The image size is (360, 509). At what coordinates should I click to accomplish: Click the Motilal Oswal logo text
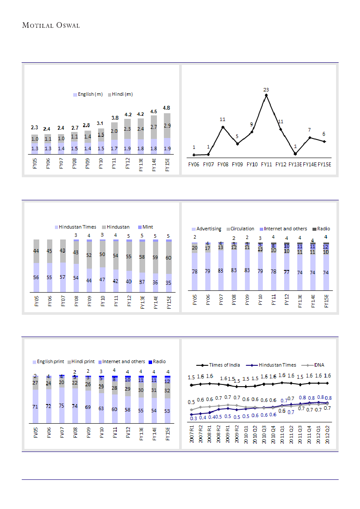(51, 25)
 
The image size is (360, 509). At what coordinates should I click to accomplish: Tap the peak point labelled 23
(266, 95)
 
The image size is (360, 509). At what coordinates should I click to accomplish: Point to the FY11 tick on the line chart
(266, 165)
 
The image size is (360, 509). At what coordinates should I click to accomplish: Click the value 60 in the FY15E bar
(169, 258)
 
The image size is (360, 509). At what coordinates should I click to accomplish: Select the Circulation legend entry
(242, 229)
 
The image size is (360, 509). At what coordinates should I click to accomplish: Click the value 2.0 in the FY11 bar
(114, 131)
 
